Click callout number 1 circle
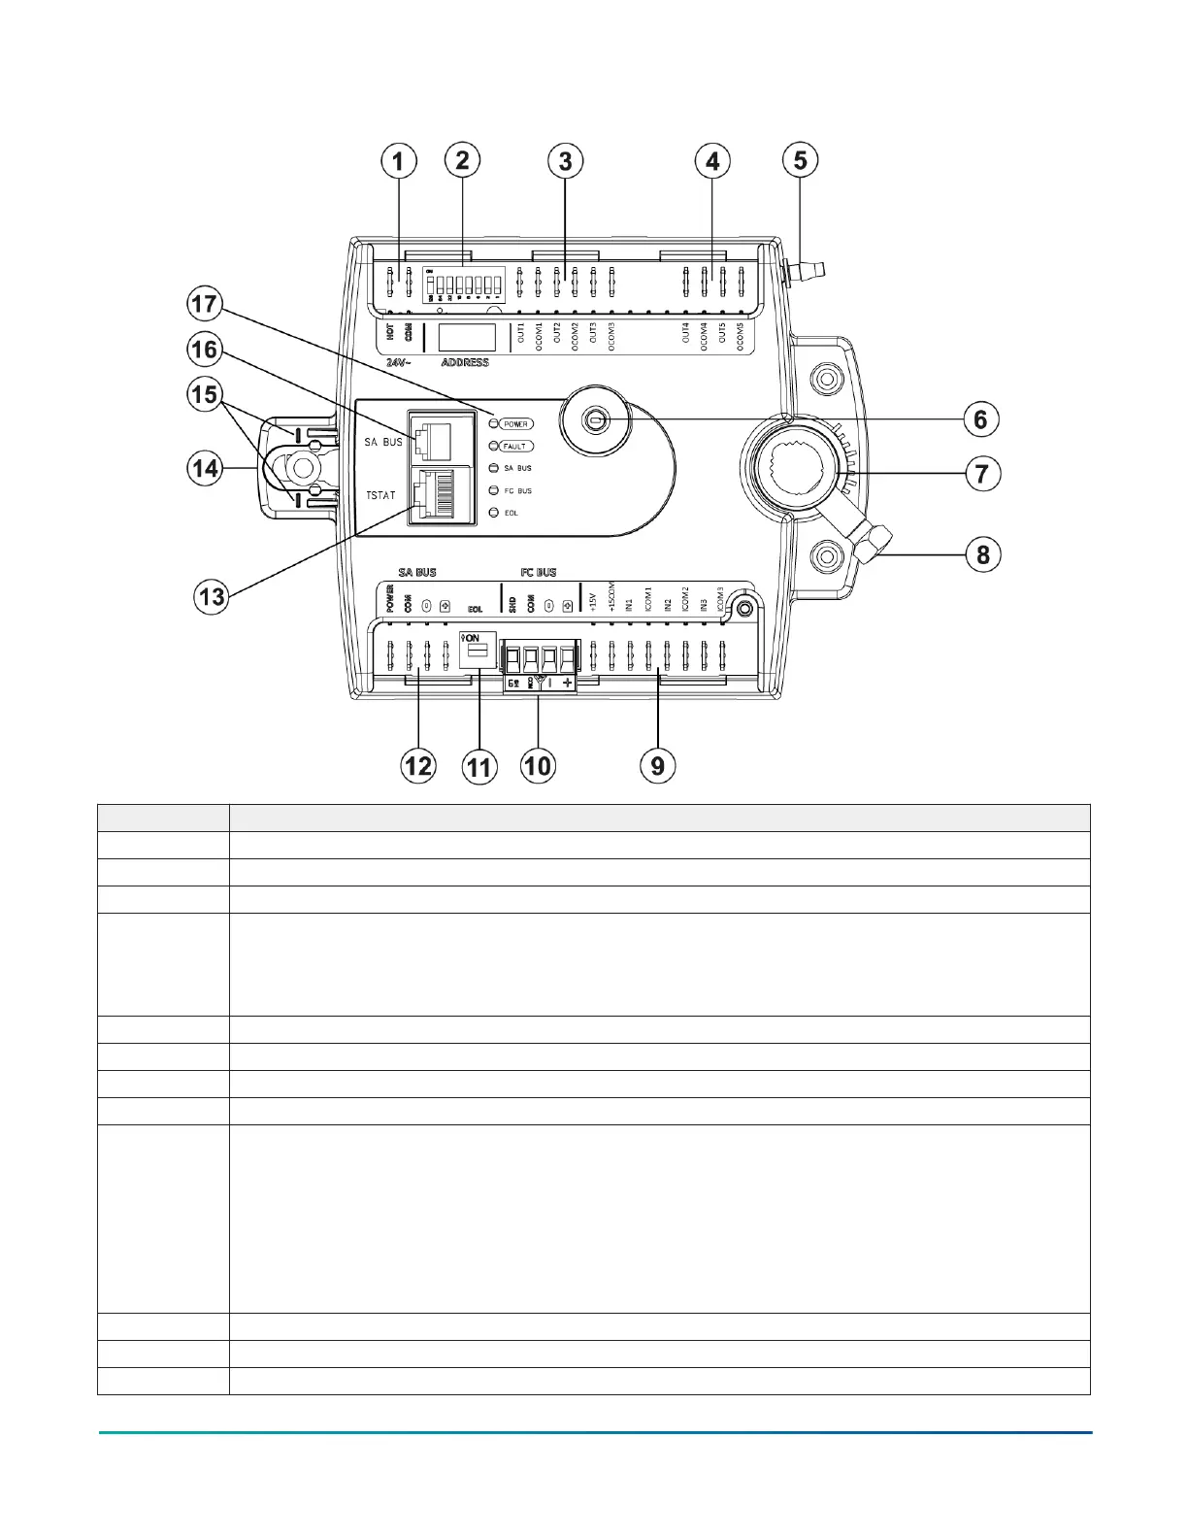pyautogui.click(x=398, y=161)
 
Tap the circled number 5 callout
pyautogui.click(x=801, y=160)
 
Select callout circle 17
pyautogui.click(x=205, y=304)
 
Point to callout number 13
pyautogui.click(x=212, y=596)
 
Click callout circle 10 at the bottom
pyautogui.click(x=537, y=766)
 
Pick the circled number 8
pyautogui.click(x=983, y=554)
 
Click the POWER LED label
pyautogui.click(x=516, y=424)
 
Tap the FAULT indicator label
pyautogui.click(x=514, y=447)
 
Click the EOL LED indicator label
pyautogui.click(x=511, y=513)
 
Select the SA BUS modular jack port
pyautogui.click(x=432, y=441)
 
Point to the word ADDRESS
pyautogui.click(x=465, y=363)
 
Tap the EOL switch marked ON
pyautogui.click(x=477, y=646)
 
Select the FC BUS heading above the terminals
pyautogui.click(x=539, y=573)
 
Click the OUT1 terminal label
pyautogui.click(x=521, y=333)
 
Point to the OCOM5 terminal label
pyautogui.click(x=741, y=337)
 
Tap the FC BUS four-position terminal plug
pyautogui.click(x=538, y=660)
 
